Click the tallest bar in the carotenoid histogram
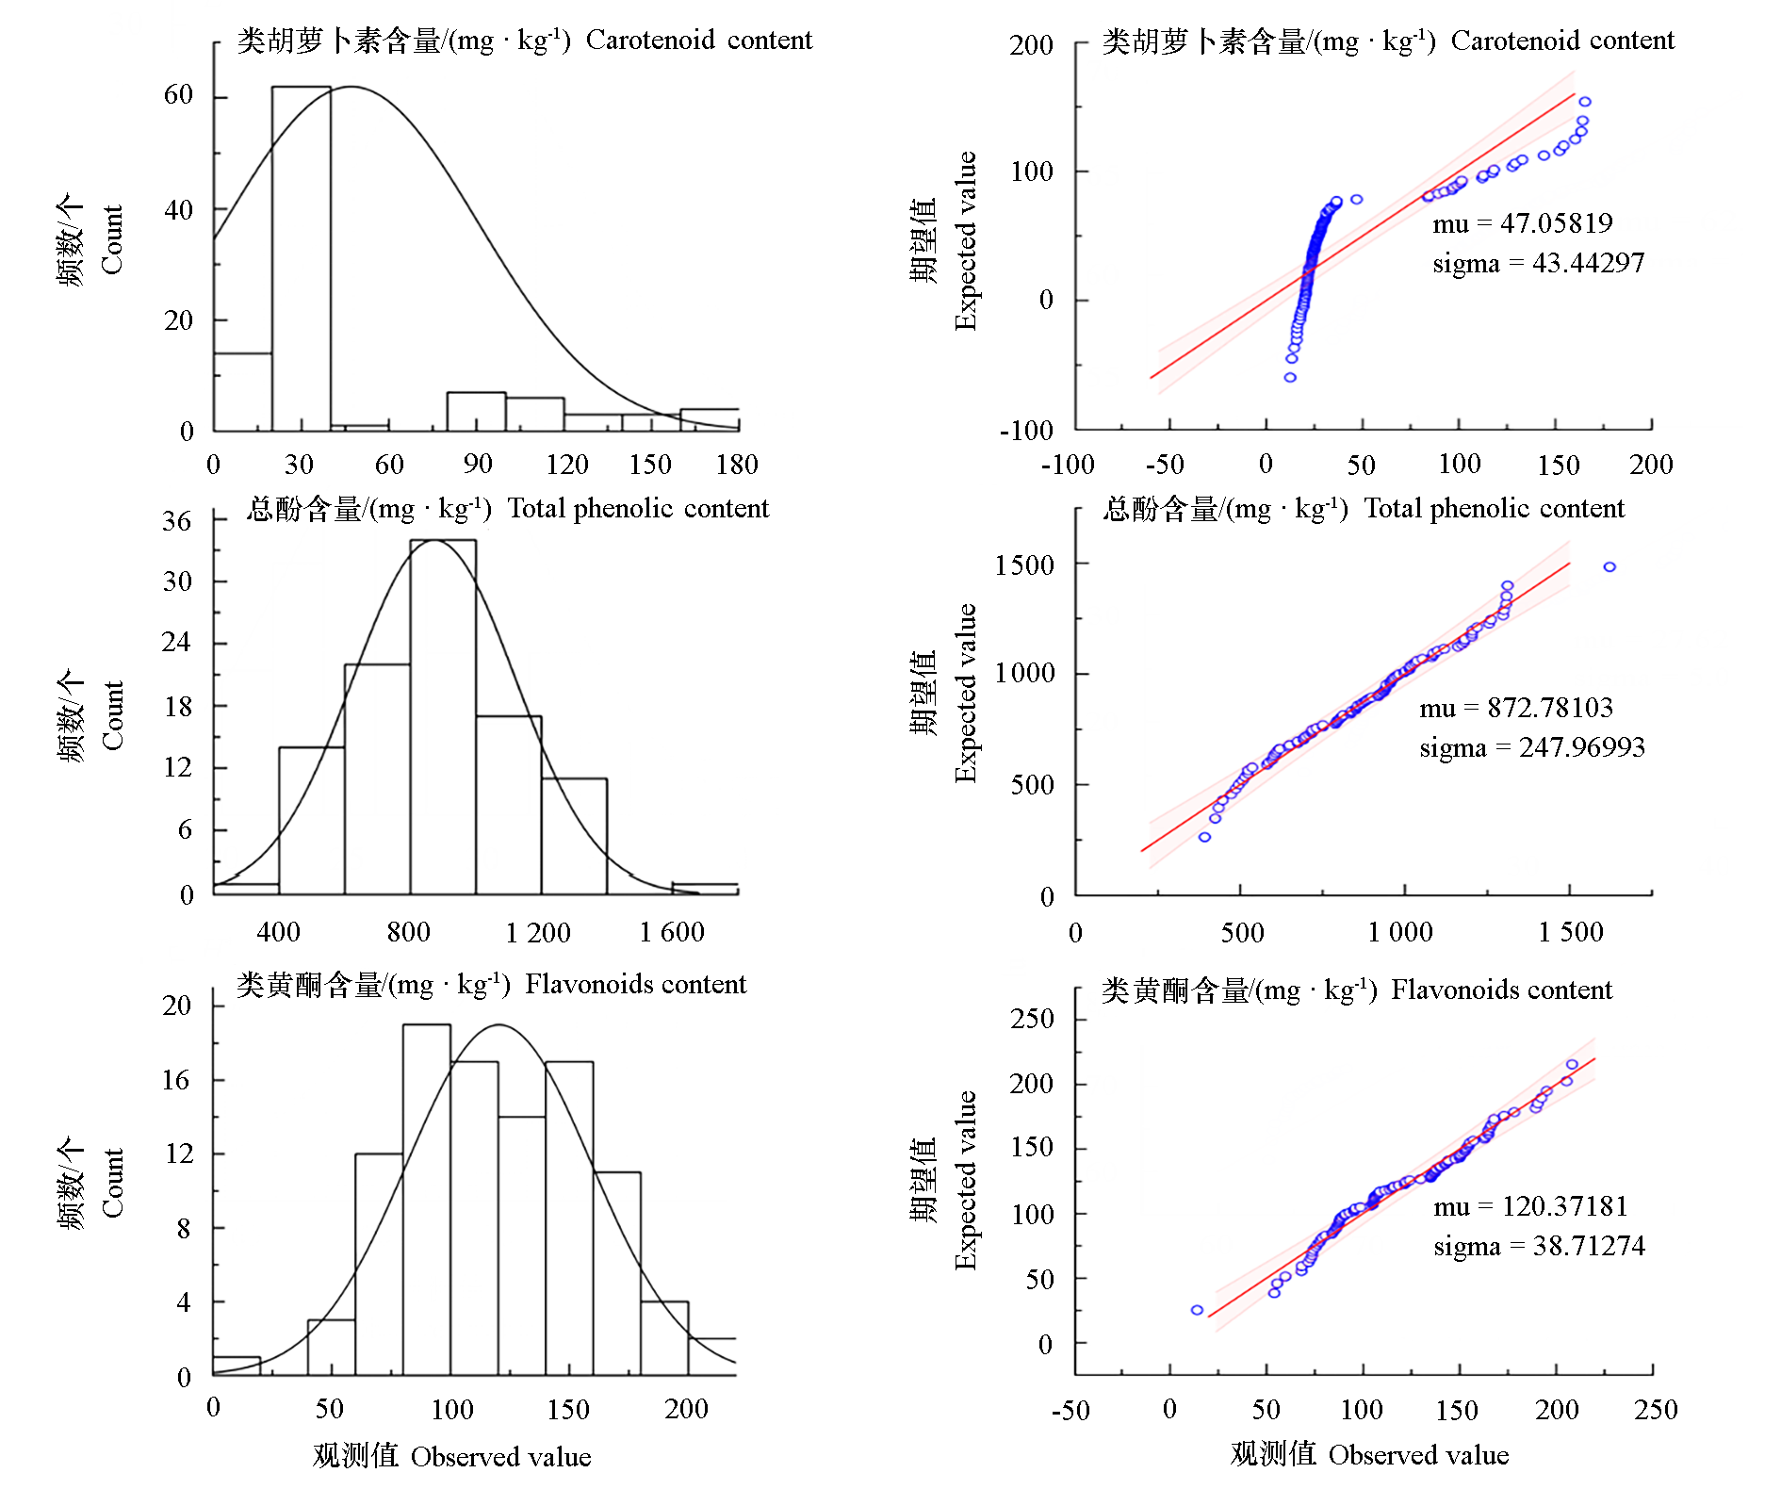(x=302, y=259)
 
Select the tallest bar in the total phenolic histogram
(x=443, y=716)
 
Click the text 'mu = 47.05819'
(x=1523, y=223)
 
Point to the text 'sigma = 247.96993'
(x=1532, y=747)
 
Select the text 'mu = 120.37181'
(x=1530, y=1206)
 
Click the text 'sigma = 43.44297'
(x=1538, y=263)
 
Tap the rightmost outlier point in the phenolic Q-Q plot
(x=1609, y=566)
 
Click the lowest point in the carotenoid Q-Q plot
(x=1290, y=377)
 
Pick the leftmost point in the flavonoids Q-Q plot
(x=1197, y=1310)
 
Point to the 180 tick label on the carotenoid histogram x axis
(x=737, y=464)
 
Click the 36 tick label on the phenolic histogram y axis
(x=177, y=521)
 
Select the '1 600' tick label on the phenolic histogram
(x=672, y=932)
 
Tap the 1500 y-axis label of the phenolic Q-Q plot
(x=1024, y=565)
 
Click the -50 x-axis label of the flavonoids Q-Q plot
(x=1070, y=1410)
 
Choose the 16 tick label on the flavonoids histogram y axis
(x=176, y=1080)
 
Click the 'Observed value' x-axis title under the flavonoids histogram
(x=500, y=1456)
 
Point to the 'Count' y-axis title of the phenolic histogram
(x=113, y=715)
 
